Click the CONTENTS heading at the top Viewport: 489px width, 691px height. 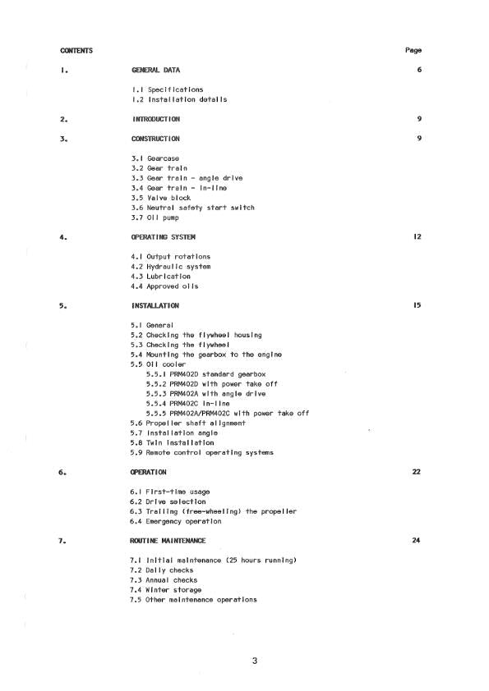coord(76,50)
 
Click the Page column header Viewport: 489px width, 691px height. coord(413,50)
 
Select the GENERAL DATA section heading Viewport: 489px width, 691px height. coord(156,70)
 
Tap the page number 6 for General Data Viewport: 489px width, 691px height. coord(419,70)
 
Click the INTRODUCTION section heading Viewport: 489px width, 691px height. coord(156,119)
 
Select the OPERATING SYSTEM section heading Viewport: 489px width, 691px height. coord(165,237)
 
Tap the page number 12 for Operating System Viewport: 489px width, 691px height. coord(417,237)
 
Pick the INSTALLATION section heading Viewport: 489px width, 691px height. coord(155,306)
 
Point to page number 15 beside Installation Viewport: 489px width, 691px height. coord(417,306)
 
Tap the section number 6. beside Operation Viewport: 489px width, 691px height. coord(62,473)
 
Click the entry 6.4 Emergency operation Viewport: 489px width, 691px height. coord(174,522)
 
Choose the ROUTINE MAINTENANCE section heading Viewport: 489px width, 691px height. coord(168,541)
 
